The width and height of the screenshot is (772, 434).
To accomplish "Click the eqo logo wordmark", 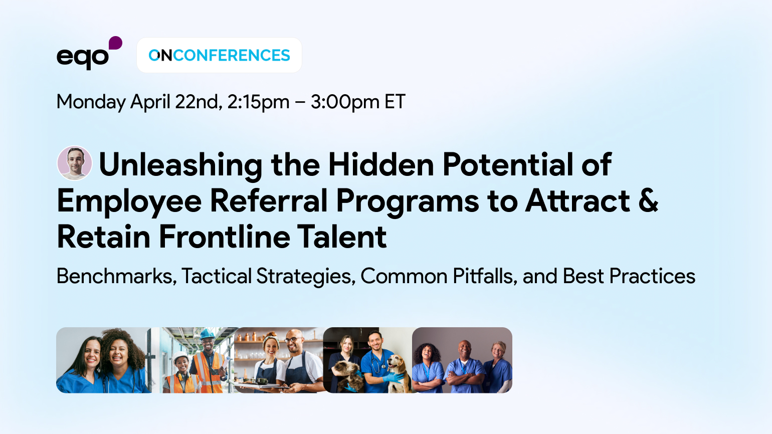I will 82,58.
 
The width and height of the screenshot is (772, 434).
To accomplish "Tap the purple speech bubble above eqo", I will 115,43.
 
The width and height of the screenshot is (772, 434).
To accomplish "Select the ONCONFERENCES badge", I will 219,55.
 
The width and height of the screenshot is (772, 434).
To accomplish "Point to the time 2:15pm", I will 258,102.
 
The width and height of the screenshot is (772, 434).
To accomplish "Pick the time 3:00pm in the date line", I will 344,102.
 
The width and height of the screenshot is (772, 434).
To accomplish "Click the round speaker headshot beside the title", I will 75,163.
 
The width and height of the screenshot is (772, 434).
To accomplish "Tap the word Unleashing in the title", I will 180,165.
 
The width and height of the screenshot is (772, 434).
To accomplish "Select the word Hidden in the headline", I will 381,165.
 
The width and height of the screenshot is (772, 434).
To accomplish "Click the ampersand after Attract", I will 648,200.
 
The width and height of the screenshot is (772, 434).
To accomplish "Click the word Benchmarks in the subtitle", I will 116,276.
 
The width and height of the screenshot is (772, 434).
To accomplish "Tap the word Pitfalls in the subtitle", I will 484,276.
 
